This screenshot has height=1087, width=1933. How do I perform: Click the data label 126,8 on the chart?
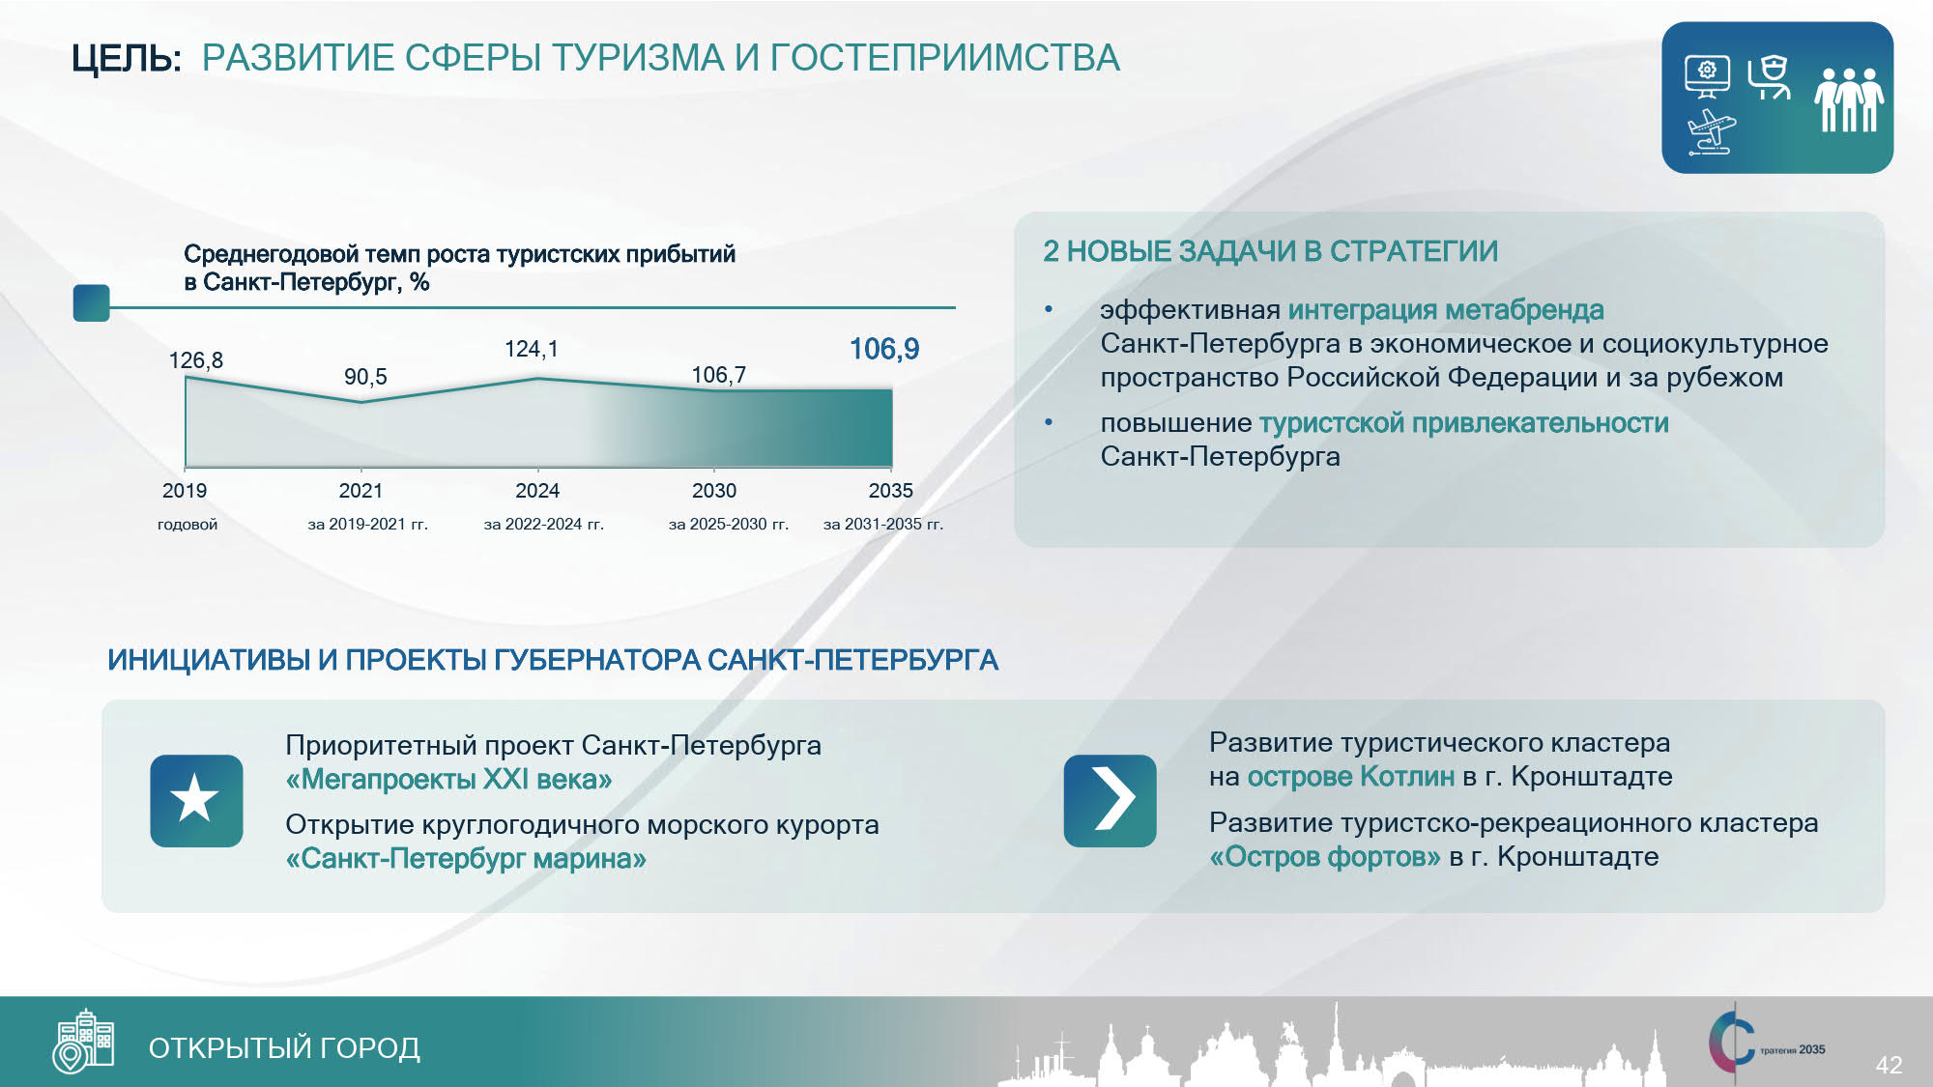[195, 360]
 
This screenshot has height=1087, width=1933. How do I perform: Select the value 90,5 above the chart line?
[365, 377]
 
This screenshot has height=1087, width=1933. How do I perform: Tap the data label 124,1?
[531, 349]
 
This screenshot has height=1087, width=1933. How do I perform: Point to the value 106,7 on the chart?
[718, 375]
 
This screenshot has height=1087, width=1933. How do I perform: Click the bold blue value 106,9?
[883, 349]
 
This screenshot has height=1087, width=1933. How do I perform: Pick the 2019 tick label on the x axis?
[185, 491]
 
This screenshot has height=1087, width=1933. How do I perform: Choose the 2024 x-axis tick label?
[537, 491]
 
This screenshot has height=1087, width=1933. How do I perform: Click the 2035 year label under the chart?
[890, 491]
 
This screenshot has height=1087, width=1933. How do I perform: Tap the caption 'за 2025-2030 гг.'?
[729, 525]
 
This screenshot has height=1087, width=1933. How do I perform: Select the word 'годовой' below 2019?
[188, 525]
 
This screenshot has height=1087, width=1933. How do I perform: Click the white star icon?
[195, 799]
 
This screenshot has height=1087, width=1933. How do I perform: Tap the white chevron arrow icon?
[1112, 799]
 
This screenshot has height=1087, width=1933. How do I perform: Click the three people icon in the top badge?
[1849, 99]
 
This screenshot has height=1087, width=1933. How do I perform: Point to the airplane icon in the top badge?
[1712, 132]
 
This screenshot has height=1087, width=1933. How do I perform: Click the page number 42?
[1889, 1065]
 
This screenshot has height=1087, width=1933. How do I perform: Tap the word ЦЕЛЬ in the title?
[126, 59]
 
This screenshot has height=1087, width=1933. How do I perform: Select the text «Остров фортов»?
[1325, 857]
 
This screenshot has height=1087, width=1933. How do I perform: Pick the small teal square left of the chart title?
[92, 302]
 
